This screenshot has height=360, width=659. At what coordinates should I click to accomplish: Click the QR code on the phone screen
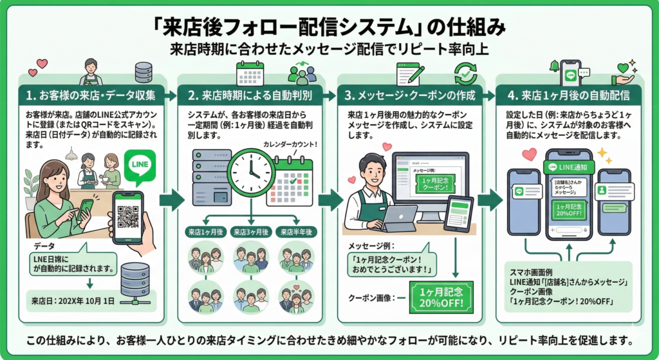127,218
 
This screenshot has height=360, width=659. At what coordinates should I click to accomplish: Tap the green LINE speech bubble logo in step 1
139,166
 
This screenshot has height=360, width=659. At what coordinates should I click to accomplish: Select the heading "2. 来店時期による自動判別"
252,96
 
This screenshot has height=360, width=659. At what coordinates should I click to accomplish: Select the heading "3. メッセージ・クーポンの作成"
411,96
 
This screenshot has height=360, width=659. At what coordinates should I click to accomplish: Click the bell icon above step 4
553,66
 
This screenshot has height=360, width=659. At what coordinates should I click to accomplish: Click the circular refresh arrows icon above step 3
464,72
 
